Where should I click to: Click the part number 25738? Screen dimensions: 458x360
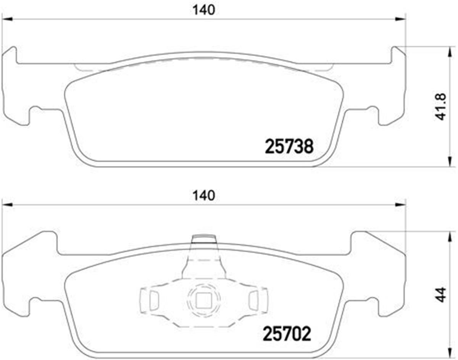(x=289, y=146)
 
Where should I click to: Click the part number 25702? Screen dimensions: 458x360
(x=287, y=334)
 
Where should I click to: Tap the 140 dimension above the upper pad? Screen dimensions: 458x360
(x=204, y=10)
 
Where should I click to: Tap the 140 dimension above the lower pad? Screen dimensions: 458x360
(x=204, y=196)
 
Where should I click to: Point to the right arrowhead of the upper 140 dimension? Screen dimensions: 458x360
(x=400, y=19)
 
